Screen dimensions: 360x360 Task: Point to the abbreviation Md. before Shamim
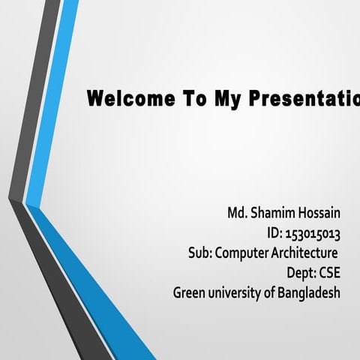[x=238, y=213]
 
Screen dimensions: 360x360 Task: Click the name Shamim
[x=274, y=213]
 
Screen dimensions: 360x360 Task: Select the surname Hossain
[x=320, y=213]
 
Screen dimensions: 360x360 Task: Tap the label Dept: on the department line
[x=301, y=272]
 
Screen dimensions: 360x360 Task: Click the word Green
[x=189, y=292]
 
